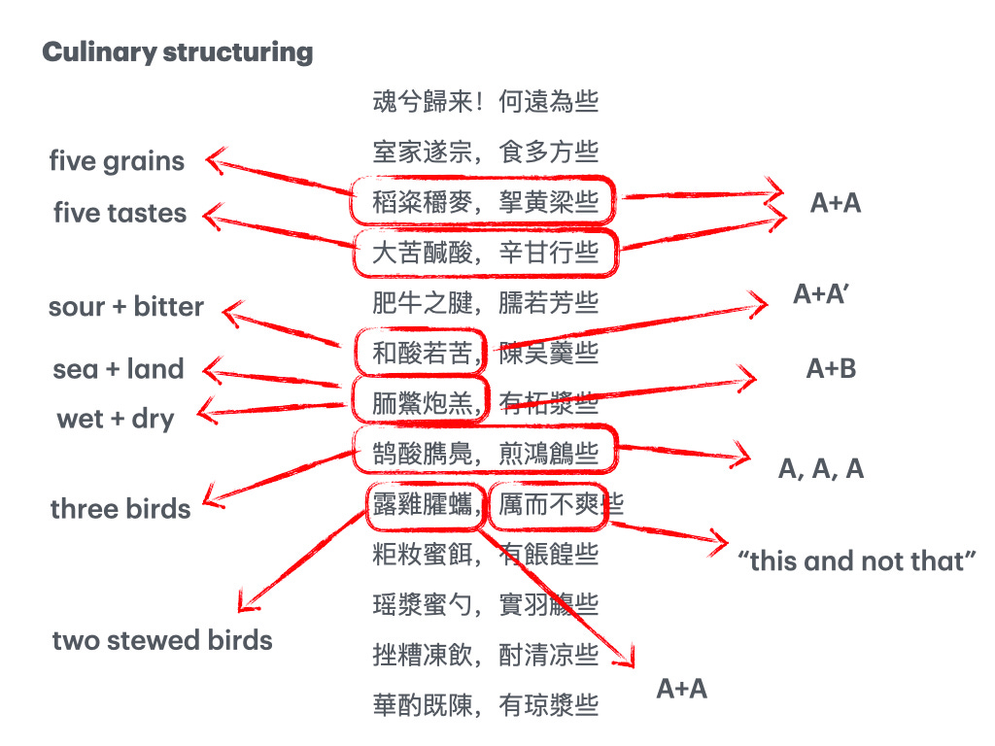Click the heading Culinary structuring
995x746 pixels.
[177, 51]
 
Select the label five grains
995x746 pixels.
[117, 161]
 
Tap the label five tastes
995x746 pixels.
[120, 213]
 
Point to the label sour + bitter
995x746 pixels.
[126, 307]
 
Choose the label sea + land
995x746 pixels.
[119, 369]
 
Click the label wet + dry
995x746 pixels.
[116, 420]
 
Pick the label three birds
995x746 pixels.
[120, 509]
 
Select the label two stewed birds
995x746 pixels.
[162, 640]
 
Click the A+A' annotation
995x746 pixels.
[822, 294]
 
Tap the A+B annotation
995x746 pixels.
[831, 369]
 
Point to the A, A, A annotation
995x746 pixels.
[821, 469]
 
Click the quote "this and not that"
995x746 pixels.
[857, 560]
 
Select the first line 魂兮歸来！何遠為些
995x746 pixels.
[485, 101]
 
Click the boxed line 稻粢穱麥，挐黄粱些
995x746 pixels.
[485, 202]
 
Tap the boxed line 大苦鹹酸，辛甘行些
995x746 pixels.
[485, 253]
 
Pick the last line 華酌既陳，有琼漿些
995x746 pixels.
[485, 705]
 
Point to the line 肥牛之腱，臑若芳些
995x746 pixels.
[485, 303]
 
